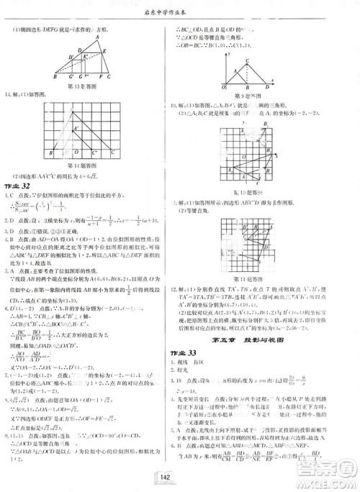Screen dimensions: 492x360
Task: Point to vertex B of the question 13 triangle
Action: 55,77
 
